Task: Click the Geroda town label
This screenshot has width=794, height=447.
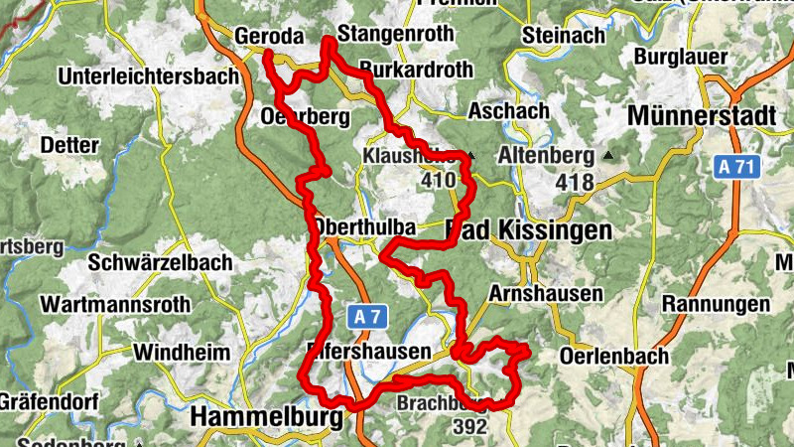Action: pos(268,37)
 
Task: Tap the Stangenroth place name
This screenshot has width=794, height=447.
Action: pos(395,35)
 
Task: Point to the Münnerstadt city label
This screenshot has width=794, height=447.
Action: pos(701,115)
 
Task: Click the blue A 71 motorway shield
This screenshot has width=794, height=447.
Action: pos(736,167)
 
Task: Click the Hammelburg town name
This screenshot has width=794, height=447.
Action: pos(266,417)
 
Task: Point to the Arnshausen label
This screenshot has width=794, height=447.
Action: pos(546,294)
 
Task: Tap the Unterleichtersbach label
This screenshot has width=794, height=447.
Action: pos(149,76)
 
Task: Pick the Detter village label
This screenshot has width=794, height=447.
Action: pos(69,145)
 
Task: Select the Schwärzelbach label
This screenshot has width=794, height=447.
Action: pos(160,263)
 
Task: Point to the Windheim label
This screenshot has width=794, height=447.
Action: pos(182,353)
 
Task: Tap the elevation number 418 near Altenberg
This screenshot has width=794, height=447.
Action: pos(575,182)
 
